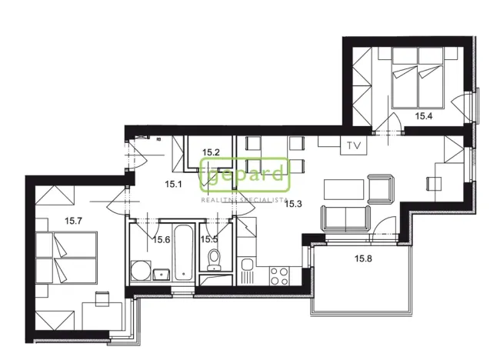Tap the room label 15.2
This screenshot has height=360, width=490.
coord(212,152)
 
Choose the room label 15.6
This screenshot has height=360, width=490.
coord(161,240)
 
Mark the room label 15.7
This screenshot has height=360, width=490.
coord(74,222)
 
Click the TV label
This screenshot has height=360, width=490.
coord(354,145)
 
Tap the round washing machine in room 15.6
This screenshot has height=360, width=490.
coord(140,271)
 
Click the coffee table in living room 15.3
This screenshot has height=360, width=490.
coord(343,188)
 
